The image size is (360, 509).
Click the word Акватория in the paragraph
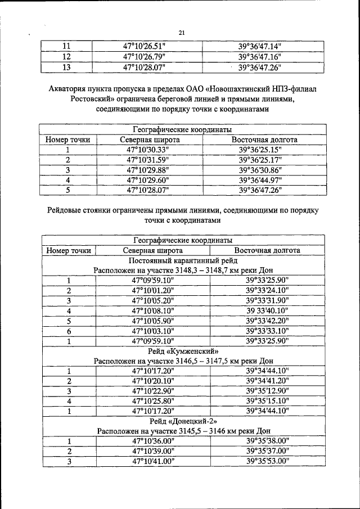click(x=70, y=88)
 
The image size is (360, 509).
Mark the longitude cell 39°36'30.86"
click(x=259, y=170)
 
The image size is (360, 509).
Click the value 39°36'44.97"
click(x=259, y=180)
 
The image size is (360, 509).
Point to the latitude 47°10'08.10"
click(x=153, y=310)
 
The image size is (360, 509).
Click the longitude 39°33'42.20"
click(x=267, y=321)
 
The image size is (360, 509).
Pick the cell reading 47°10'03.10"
click(x=153, y=331)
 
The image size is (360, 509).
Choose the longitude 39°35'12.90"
click(x=267, y=391)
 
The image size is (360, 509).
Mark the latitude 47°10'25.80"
click(x=153, y=401)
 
